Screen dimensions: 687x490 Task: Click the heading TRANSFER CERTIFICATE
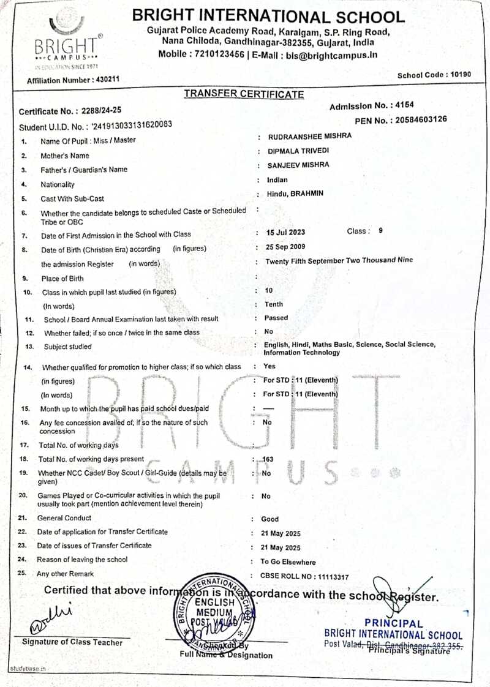click(x=244, y=94)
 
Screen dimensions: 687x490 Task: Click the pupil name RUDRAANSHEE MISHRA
click(x=309, y=137)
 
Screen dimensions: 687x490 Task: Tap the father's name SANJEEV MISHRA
click(x=298, y=165)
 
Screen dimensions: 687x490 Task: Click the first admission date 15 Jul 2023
click(x=285, y=233)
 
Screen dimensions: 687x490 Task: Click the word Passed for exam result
click(x=276, y=318)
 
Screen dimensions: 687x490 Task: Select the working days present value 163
click(x=268, y=459)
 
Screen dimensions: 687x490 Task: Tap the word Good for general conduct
click(x=269, y=519)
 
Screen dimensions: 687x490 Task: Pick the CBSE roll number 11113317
click(x=331, y=576)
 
